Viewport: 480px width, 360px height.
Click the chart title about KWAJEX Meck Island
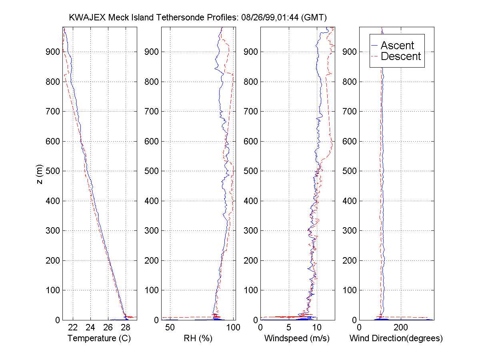point(198,18)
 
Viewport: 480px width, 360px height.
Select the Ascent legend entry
point(397,46)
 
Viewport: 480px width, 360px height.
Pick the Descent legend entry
point(400,56)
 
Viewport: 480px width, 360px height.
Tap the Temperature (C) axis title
point(100,338)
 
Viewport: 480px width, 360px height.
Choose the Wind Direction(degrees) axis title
point(396,338)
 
